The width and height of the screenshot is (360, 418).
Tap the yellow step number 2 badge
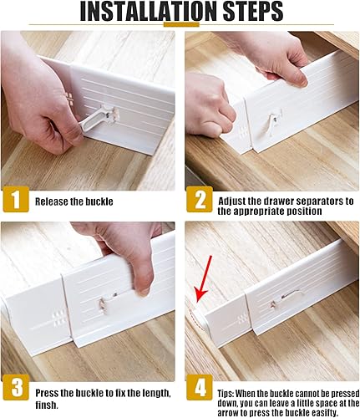[x=199, y=201]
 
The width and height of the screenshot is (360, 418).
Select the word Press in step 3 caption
[x=47, y=391]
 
